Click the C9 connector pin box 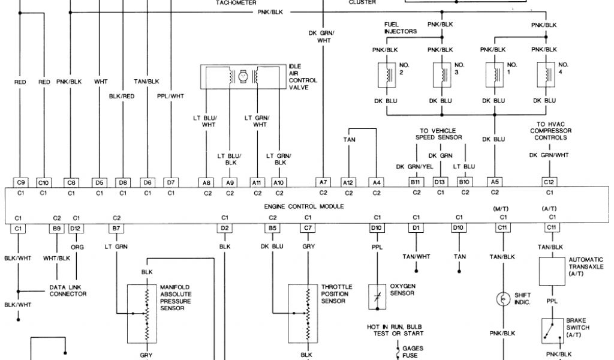click(20, 182)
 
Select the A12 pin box click(349, 182)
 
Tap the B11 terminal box click(414, 182)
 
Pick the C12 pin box click(549, 182)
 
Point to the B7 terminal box click(117, 228)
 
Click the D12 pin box click(76, 228)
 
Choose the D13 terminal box click(440, 182)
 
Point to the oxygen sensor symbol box click(377, 296)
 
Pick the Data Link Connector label click(68, 290)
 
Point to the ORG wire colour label click(76, 246)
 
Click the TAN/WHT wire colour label click(416, 256)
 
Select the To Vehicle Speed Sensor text click(439, 134)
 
